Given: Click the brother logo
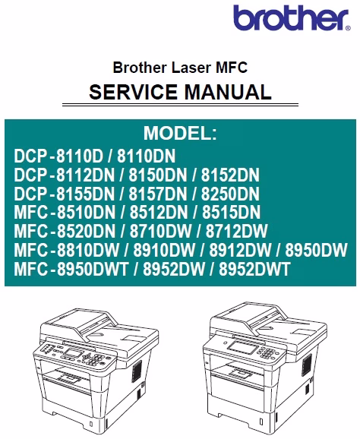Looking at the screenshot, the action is coord(292,17).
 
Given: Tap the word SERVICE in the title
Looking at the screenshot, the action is coord(133,92).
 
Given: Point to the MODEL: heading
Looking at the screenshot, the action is coord(180,133).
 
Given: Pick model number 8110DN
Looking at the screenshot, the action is coord(146,156).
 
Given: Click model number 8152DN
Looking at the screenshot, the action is coord(230,175).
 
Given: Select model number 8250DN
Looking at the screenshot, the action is coord(230,194).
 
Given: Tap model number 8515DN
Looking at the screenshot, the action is coord(231,212).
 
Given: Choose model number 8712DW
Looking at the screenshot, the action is coord(237,231).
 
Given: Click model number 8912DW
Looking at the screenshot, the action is coord(240,250).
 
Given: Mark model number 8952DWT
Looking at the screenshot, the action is coord(254,269).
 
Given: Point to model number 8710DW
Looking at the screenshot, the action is coord(161,231).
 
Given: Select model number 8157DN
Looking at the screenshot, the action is coord(158,194).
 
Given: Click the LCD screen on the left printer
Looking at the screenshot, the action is coord(72,352).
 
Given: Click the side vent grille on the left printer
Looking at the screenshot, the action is coord(137,371).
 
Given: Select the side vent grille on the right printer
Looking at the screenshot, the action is coord(307,365).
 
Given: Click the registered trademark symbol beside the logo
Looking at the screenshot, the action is coord(348,28).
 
